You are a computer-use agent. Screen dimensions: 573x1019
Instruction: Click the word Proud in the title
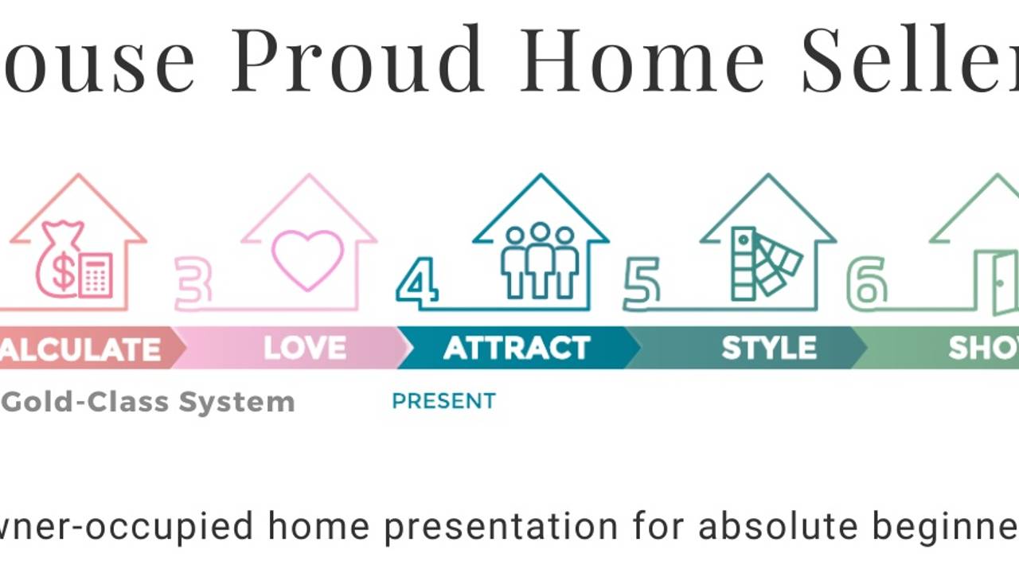[357, 60]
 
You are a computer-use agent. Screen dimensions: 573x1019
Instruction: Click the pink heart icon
[307, 259]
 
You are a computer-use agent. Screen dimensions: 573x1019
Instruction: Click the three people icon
[540, 260]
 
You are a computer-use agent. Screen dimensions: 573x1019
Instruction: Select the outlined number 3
[193, 283]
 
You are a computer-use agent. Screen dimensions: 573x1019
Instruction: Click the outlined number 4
[417, 283]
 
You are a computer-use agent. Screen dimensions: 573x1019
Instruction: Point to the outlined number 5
[642, 283]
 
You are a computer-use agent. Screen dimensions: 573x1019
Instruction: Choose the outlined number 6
[867, 283]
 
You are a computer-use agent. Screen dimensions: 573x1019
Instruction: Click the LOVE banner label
[305, 349]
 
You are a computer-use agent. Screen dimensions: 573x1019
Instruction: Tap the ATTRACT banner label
[517, 349]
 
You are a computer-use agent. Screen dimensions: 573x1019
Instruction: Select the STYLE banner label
[768, 349]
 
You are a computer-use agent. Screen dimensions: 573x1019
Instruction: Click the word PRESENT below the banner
[443, 401]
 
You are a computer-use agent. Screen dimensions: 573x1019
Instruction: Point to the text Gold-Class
[86, 402]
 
